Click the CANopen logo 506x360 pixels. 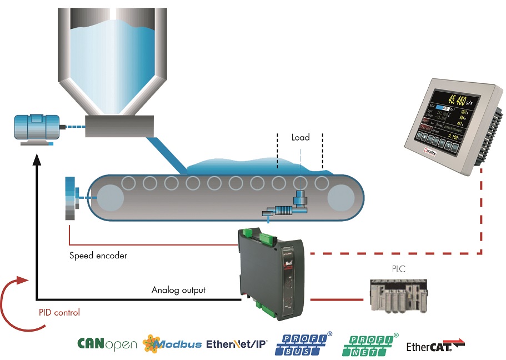[107, 344]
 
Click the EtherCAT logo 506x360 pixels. [435, 346]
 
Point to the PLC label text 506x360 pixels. [398, 269]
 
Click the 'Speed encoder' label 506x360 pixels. [98, 256]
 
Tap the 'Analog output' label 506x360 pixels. [178, 289]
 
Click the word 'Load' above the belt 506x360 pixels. [300, 137]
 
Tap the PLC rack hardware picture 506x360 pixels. [398, 294]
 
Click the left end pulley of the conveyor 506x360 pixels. [111, 198]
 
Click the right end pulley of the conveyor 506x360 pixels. [340, 198]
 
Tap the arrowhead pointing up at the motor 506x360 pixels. [37, 159]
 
